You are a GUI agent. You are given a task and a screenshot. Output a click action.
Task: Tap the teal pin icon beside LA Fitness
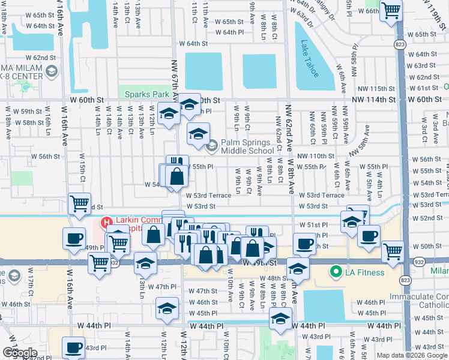point(336,274)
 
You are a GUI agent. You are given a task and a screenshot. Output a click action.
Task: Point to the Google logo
point(19,352)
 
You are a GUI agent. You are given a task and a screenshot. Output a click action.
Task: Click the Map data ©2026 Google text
point(411,355)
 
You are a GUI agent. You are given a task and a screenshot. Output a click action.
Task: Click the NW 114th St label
point(374,100)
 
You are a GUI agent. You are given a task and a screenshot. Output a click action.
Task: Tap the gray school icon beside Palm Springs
point(211,146)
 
